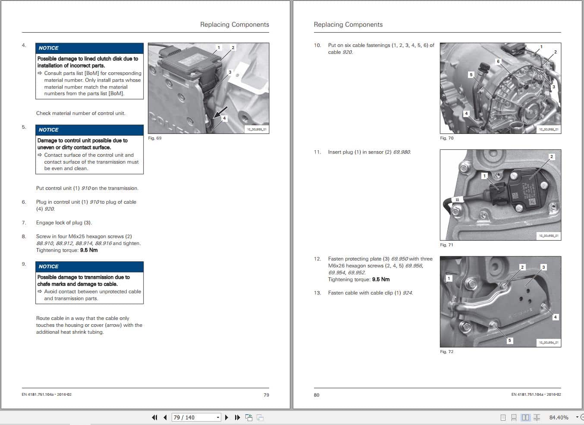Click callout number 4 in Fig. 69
point(224,118)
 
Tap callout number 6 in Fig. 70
point(498,62)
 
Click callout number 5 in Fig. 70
point(471,74)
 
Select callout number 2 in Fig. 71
point(551,157)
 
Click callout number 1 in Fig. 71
point(484,176)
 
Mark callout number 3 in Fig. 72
point(543,267)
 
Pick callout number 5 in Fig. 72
point(509,340)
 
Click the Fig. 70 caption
point(446,138)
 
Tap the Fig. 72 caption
point(446,352)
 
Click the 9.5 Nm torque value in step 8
point(89,250)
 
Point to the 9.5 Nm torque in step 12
point(381,279)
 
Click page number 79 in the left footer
point(266,395)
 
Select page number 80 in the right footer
point(317,395)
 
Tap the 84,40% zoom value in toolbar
point(559,417)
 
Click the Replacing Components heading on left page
point(234,25)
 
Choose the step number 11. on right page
point(317,152)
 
